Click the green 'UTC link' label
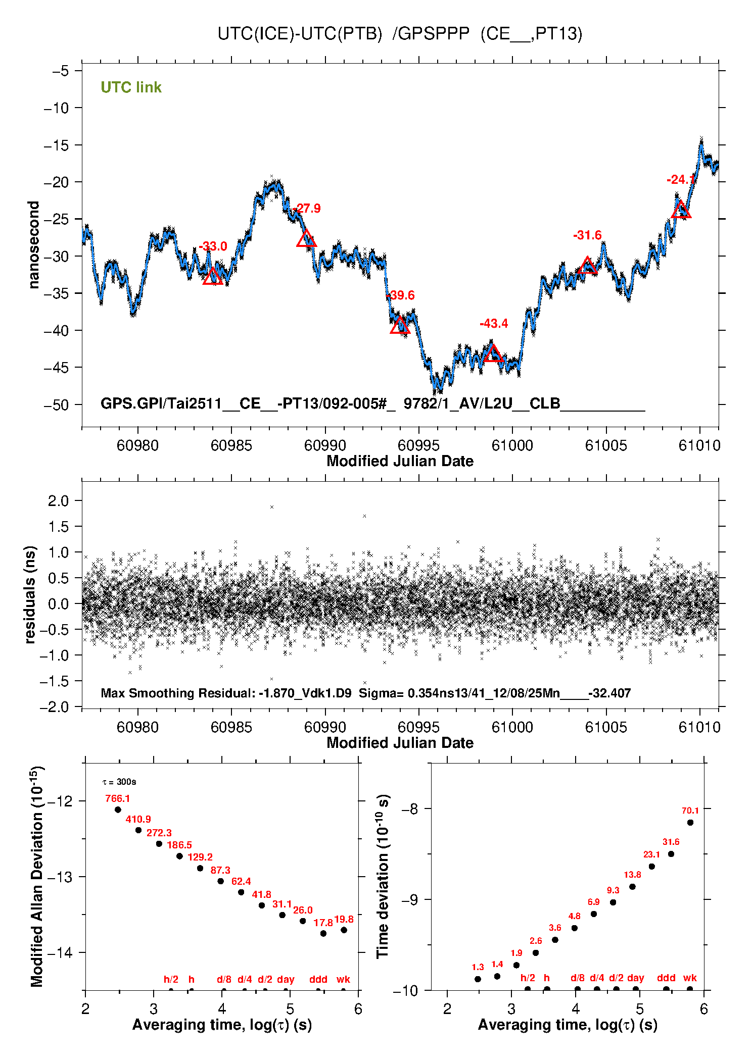coord(131,87)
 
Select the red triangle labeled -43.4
coord(493,354)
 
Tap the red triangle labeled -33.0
coord(213,277)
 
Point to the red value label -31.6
coord(587,235)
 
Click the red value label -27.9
coord(307,209)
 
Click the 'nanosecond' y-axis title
coord(33,244)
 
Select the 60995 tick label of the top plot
coord(418,445)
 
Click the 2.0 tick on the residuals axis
coord(58,501)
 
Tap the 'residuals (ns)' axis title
coord(30,594)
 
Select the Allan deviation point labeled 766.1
coord(118,809)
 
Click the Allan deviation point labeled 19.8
coord(344,930)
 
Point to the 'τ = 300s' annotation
coord(119,782)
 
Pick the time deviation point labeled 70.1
coord(690,823)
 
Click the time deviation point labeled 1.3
coord(478,979)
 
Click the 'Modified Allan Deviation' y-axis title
coord(36,877)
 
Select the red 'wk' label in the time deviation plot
coord(690,978)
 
